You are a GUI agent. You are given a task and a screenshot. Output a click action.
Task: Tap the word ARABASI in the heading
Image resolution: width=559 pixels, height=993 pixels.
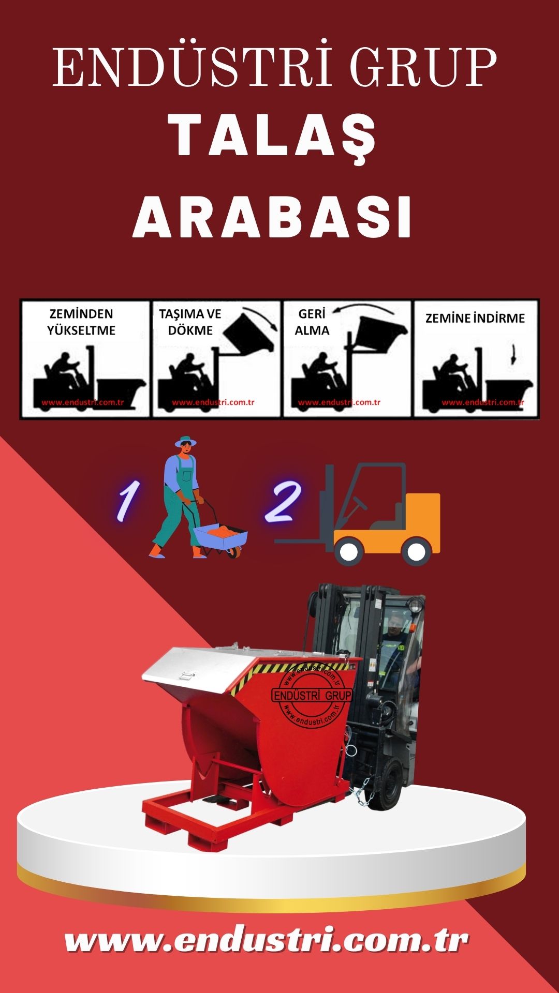pos(273,216)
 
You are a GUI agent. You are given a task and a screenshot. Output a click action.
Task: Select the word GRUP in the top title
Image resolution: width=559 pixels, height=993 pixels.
pos(423,67)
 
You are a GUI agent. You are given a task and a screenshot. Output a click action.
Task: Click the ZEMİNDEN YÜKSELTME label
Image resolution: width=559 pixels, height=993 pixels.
pos(81,322)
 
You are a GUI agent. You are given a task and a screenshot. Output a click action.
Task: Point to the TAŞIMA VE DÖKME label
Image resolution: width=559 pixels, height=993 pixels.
pos(190,322)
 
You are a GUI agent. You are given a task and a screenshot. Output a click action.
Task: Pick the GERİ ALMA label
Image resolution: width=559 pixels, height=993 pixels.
pos(312,322)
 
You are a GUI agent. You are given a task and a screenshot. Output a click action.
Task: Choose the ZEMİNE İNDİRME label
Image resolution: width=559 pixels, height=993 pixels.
pos(475,318)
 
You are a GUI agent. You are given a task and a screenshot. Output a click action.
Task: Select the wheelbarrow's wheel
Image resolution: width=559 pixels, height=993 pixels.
pos(234,552)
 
